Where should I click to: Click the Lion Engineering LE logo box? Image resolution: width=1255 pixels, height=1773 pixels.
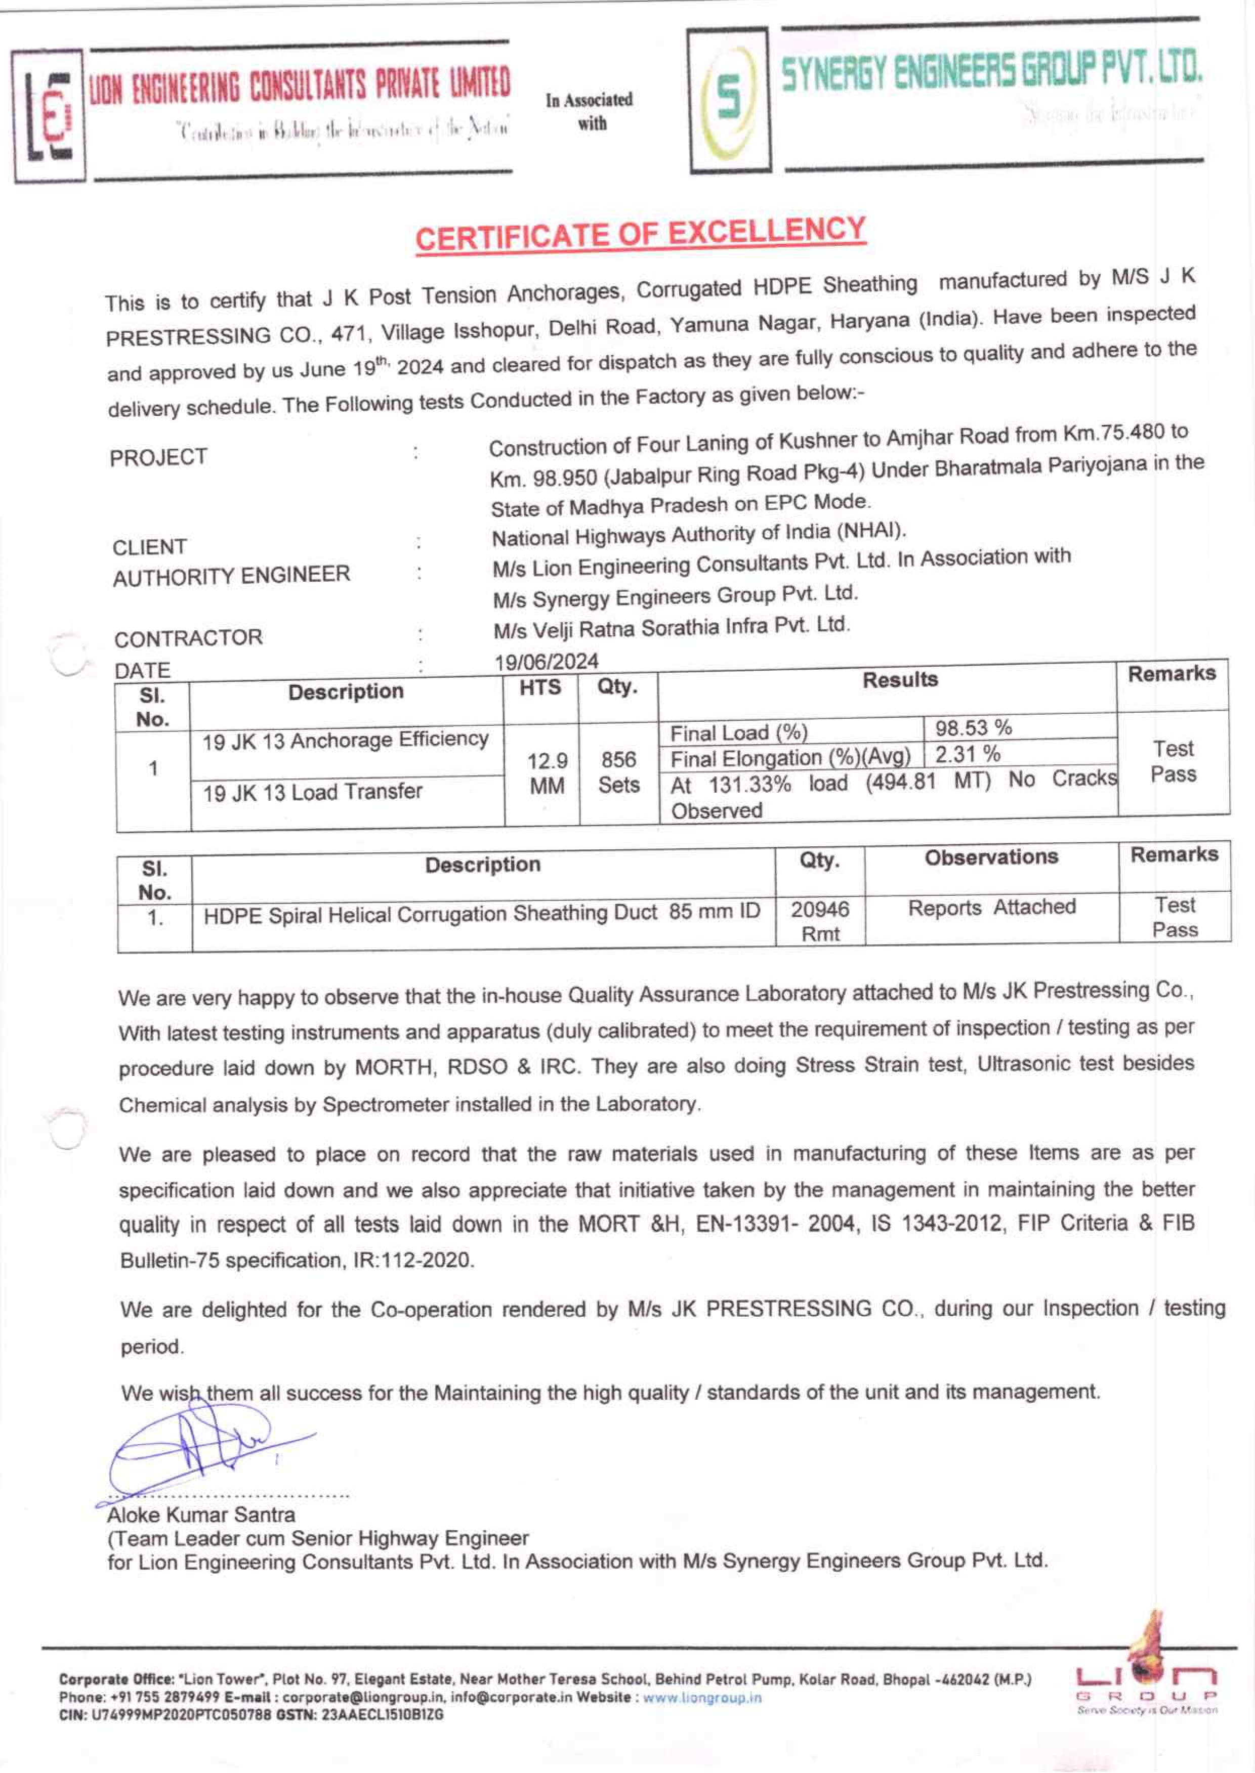pos(48,116)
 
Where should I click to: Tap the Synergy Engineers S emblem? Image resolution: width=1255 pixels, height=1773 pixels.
pos(728,101)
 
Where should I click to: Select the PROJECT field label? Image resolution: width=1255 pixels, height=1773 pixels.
pos(158,457)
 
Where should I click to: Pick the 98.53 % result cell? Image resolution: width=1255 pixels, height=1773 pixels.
pos(973,728)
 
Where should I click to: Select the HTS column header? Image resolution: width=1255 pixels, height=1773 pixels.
pos(540,687)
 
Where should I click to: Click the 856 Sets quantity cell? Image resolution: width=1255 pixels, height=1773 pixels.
pos(618,772)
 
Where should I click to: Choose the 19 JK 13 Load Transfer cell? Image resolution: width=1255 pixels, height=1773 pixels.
pos(312,792)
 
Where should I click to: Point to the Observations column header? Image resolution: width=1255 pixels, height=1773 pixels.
pos(991,857)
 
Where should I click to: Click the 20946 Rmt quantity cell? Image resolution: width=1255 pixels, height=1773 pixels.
pos(819,921)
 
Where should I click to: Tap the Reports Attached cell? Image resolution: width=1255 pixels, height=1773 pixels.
pos(991,907)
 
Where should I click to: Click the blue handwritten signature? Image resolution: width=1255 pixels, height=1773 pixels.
pos(201,1449)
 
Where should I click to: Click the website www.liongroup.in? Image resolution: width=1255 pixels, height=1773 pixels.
pos(702,1698)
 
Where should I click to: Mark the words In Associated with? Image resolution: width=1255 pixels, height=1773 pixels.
pos(589,111)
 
